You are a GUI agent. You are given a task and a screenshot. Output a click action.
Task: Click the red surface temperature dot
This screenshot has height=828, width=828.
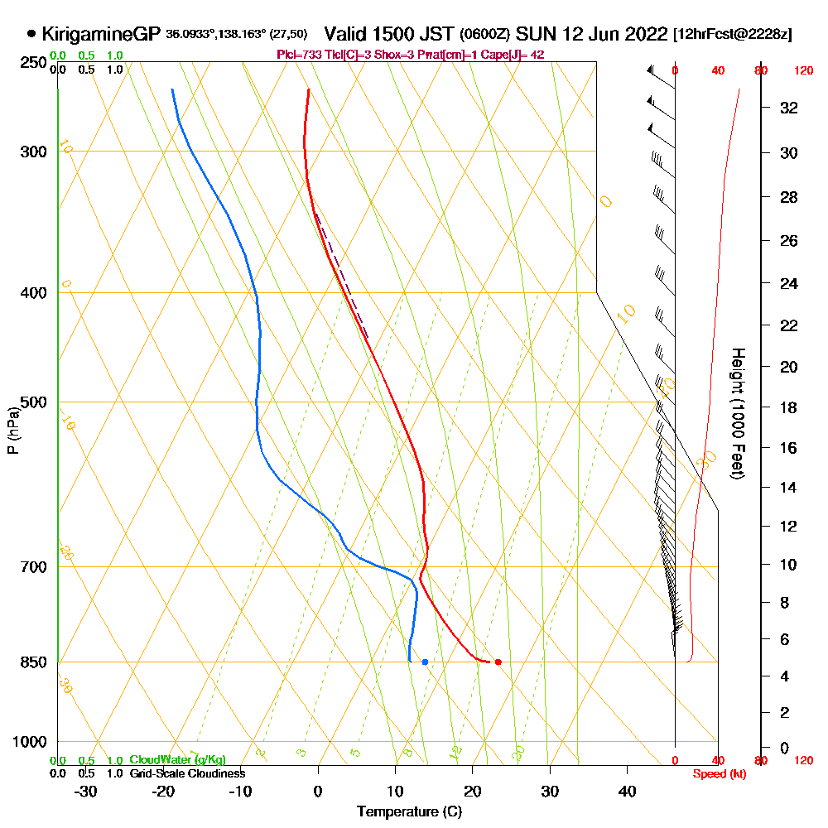coord(498,662)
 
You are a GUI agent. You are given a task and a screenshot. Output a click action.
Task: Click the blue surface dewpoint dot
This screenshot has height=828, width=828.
coord(425,662)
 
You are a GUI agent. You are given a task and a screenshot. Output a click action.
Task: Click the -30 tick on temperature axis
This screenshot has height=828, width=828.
coord(86,791)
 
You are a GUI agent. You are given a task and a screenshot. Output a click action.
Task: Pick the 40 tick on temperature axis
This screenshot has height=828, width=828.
coord(628,791)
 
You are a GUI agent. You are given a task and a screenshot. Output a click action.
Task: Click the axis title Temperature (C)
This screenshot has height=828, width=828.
coord(409,811)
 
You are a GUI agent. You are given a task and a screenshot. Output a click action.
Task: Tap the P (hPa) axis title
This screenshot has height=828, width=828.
coord(12,430)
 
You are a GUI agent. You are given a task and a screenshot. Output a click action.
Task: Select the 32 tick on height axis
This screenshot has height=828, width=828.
coord(789,108)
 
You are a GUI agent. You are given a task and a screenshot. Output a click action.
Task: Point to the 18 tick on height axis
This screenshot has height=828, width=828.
coord(789,407)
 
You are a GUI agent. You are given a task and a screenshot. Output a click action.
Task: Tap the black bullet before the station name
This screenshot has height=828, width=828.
coord(31,34)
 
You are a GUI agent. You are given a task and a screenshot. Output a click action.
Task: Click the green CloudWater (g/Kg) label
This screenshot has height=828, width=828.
coord(177,759)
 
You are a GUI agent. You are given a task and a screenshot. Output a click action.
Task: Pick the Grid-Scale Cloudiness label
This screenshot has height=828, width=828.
coord(187,773)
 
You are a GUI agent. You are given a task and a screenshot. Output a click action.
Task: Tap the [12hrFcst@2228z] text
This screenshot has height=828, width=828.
coord(733,35)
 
